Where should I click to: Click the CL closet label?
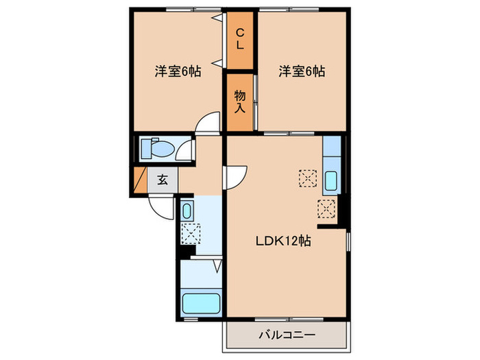click(240, 38)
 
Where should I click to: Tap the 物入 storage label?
click(240, 101)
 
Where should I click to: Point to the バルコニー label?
click(287, 335)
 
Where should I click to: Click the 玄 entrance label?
click(163, 180)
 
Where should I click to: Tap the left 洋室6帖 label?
click(177, 71)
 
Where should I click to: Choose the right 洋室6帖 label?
click(301, 71)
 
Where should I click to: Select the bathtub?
click(201, 302)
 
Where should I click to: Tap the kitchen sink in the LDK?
click(331, 181)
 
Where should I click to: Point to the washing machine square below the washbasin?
click(189, 233)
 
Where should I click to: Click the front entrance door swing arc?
click(160, 206)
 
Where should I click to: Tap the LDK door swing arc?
click(233, 176)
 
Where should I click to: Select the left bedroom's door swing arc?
click(206, 123)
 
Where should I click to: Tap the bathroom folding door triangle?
click(217, 266)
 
